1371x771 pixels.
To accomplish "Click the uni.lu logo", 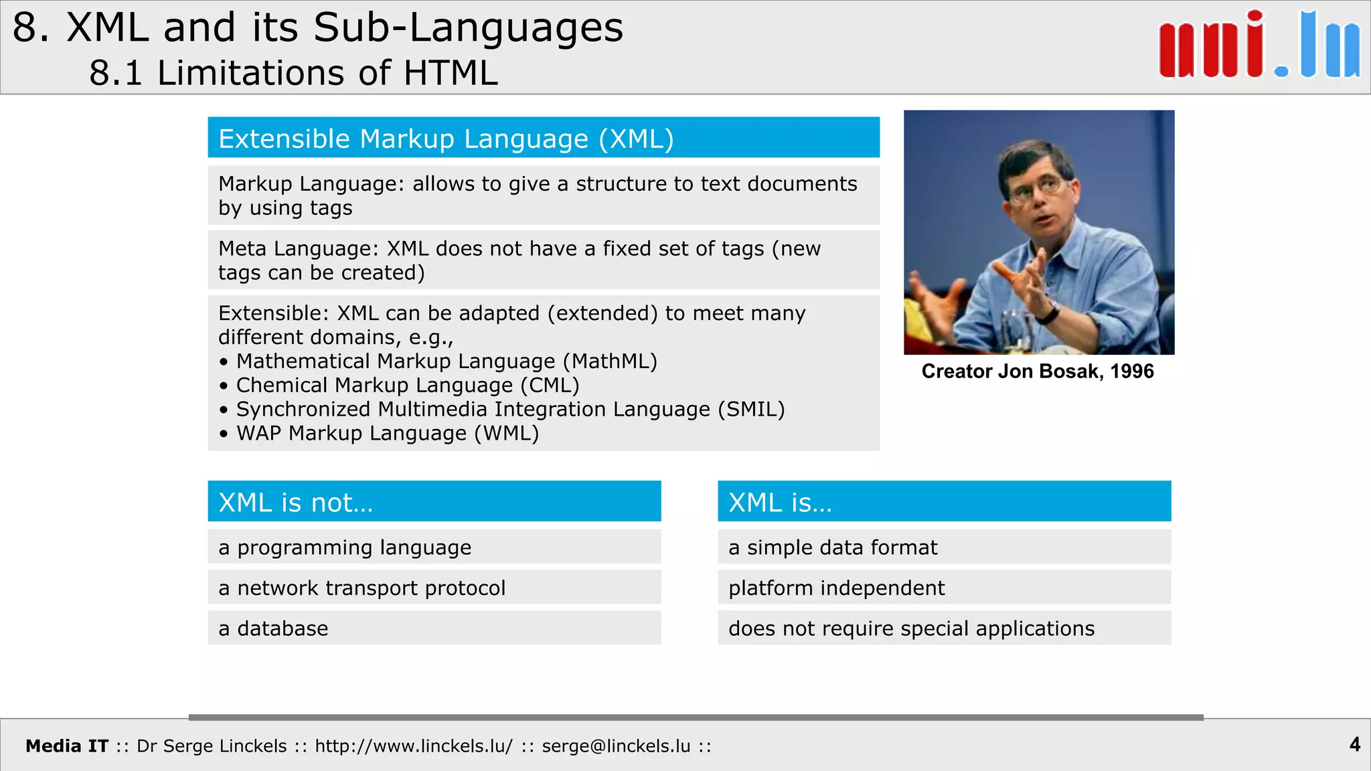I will tap(1259, 46).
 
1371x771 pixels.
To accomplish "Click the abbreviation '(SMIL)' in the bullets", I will tap(751, 410).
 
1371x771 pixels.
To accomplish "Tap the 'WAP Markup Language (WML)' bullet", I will tap(387, 434).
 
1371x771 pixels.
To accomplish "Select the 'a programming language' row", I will tap(434, 547).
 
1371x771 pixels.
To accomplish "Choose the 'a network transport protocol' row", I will tap(434, 588).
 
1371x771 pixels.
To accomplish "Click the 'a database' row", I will tap(434, 628).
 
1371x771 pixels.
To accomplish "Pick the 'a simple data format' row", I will tap(944, 547).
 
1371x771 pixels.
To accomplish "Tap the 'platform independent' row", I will tap(944, 588).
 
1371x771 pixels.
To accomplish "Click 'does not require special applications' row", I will tap(944, 628).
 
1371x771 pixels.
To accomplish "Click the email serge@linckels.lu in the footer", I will tap(616, 746).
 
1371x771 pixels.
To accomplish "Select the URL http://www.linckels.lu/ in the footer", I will tap(414, 746).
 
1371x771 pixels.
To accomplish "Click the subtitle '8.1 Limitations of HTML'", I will tap(293, 72).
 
